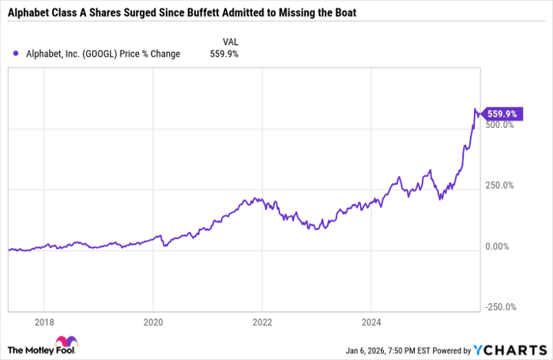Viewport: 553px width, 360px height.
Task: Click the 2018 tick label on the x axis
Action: tap(44, 322)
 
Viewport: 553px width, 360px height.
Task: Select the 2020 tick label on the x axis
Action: tap(153, 322)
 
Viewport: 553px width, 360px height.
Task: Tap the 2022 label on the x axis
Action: tap(262, 322)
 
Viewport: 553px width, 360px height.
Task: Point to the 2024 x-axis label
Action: tap(372, 322)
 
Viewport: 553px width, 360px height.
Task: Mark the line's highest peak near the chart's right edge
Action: tap(476, 109)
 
